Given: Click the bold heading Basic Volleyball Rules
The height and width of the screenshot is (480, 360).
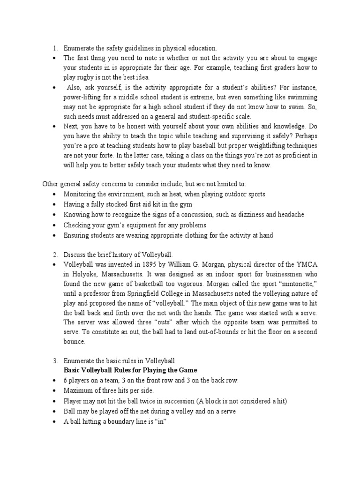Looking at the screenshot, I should [128, 370].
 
